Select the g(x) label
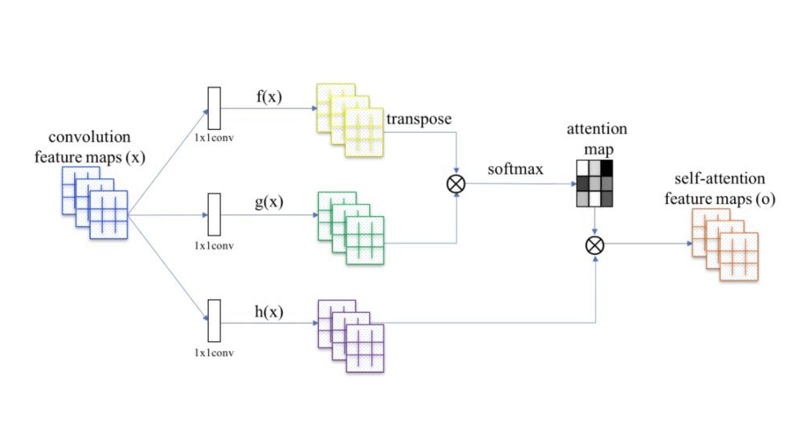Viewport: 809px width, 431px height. click(269, 203)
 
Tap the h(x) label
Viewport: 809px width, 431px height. click(269, 310)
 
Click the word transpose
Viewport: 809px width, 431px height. click(418, 119)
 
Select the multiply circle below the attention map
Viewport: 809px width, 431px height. click(594, 245)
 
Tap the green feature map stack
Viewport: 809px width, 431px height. click(351, 227)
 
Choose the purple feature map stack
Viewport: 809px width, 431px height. click(351, 335)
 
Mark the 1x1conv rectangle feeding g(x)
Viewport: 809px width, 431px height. click(214, 214)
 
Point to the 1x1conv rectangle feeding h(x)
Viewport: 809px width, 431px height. click(214, 320)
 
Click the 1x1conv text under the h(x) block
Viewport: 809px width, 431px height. click(214, 351)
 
